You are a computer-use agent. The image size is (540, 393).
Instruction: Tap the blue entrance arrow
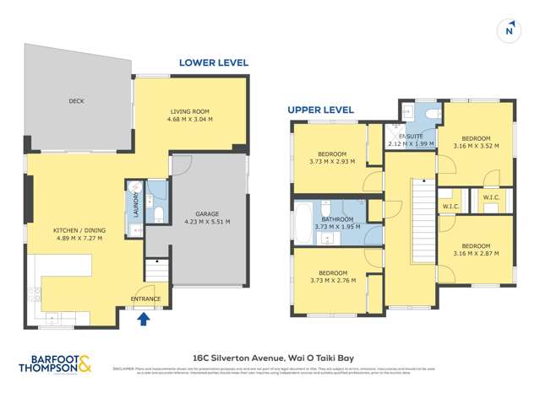143,318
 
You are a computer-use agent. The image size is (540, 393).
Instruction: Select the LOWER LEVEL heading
213,62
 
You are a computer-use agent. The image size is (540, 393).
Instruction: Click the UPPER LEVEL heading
320,110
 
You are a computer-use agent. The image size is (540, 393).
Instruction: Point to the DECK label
76,101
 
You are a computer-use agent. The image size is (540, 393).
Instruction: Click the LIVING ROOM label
191,111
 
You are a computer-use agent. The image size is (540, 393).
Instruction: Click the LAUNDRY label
134,204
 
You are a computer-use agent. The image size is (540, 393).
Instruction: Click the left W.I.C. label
450,207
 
